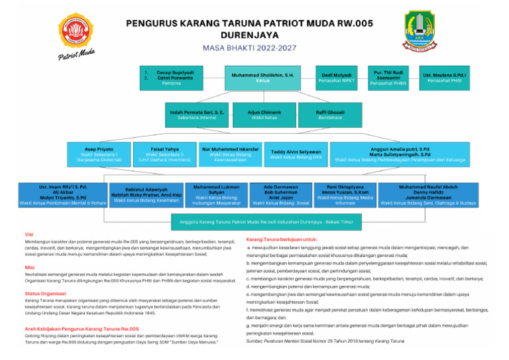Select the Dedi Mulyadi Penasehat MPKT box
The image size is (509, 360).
click(x=336, y=78)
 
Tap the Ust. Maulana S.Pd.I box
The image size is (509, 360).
click(x=445, y=78)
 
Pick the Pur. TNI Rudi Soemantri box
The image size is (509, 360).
click(x=390, y=78)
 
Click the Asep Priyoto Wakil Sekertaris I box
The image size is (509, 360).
click(x=99, y=153)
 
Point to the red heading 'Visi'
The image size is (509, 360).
click(x=29, y=234)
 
